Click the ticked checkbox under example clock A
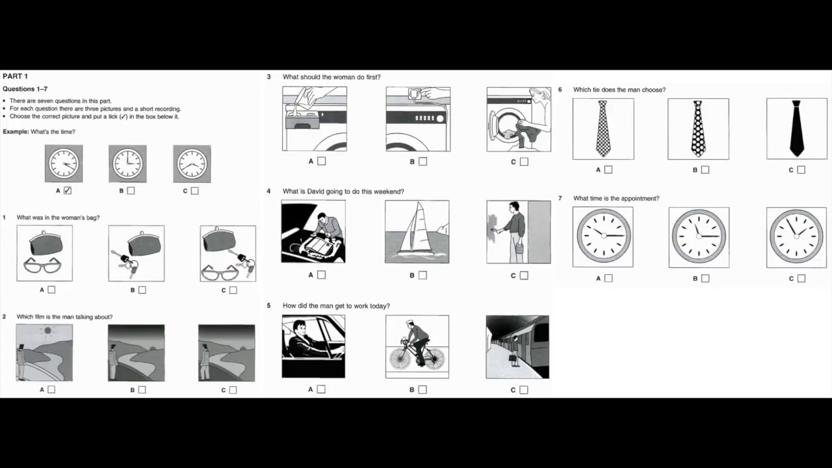click(x=68, y=190)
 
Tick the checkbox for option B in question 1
click(x=142, y=290)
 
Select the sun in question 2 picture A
click(x=47, y=331)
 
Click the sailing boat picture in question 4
click(x=417, y=231)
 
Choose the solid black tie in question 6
click(x=796, y=128)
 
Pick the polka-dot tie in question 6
click(x=698, y=129)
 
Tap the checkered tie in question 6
click(x=603, y=129)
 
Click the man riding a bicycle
click(x=417, y=346)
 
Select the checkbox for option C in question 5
click(x=524, y=390)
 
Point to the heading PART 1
click(x=16, y=76)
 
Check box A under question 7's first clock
click(x=608, y=278)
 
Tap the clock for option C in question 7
click(x=796, y=237)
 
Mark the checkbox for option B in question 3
click(x=423, y=161)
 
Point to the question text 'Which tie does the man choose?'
click(x=619, y=90)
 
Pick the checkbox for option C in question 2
click(x=233, y=390)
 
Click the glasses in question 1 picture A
click(x=44, y=265)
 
